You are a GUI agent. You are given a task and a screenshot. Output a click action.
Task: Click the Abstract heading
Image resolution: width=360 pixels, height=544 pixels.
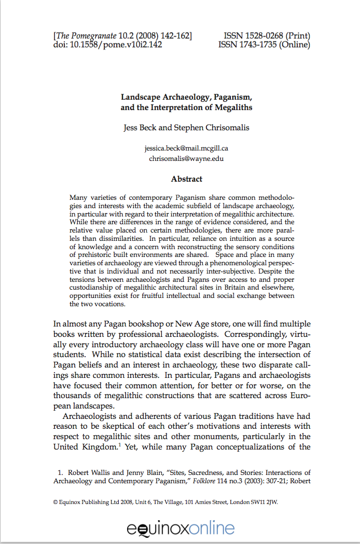[187, 179]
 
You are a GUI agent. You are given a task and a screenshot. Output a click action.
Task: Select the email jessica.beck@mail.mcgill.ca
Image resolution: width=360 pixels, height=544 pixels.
[186, 148]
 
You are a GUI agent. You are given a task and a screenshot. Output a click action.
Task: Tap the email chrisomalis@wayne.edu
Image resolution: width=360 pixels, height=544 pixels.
[186, 158]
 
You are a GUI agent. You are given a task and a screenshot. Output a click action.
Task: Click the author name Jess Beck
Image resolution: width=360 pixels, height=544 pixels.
[141, 127]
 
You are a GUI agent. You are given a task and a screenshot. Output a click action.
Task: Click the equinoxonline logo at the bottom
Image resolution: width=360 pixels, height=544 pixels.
[181, 528]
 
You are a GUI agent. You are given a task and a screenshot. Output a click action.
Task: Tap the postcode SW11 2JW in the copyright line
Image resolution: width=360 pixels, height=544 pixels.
[265, 502]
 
